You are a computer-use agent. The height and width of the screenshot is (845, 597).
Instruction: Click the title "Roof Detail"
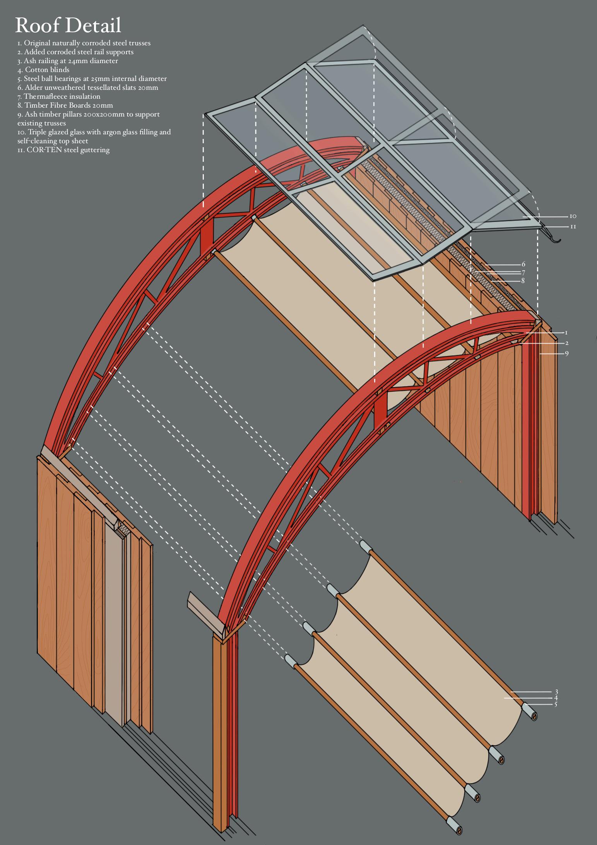[68, 26]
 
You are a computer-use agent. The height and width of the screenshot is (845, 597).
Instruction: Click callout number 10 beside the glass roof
[573, 216]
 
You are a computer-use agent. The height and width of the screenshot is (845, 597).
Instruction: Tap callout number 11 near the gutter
[573, 226]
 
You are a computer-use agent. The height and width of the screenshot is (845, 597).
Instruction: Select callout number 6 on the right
[523, 264]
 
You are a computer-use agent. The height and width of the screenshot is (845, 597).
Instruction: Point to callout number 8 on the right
[523, 281]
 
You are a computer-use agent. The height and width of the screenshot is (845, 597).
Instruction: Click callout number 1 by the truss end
[566, 333]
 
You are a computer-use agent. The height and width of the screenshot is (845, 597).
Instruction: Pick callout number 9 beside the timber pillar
[567, 353]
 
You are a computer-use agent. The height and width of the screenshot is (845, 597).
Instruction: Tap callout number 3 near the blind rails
[556, 692]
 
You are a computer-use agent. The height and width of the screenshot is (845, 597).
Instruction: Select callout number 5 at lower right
[556, 704]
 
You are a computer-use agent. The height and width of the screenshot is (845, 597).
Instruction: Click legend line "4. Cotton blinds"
[43, 70]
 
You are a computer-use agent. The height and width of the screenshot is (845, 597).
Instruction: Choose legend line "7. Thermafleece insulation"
[59, 96]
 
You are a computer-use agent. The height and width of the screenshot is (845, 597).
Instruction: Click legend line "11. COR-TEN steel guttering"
[63, 150]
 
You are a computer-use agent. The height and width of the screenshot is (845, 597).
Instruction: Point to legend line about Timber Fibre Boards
[65, 105]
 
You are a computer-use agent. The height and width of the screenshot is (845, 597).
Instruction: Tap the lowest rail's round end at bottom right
[458, 830]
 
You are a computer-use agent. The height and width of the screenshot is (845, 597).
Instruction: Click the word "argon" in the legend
[99, 132]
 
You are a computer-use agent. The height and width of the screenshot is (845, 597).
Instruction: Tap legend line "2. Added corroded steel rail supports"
[75, 52]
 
